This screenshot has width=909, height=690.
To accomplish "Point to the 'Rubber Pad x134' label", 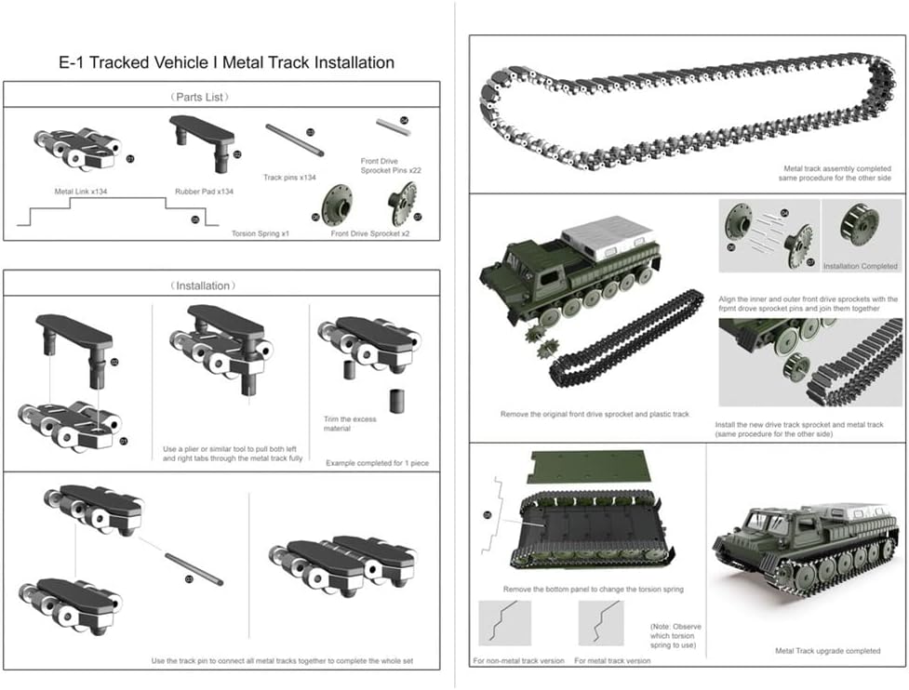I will tap(204, 192).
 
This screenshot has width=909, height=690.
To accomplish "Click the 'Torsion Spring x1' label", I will tap(261, 233).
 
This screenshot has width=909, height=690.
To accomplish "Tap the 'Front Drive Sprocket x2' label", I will tap(370, 233).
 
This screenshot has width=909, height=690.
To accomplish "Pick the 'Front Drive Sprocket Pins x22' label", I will tap(391, 166).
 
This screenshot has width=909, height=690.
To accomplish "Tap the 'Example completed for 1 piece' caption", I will tap(377, 462).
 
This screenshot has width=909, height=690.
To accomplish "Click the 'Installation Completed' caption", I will tap(861, 265).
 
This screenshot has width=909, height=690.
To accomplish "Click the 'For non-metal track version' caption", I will tap(518, 660).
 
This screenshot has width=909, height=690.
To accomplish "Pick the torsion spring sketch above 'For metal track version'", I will tap(605, 622).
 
